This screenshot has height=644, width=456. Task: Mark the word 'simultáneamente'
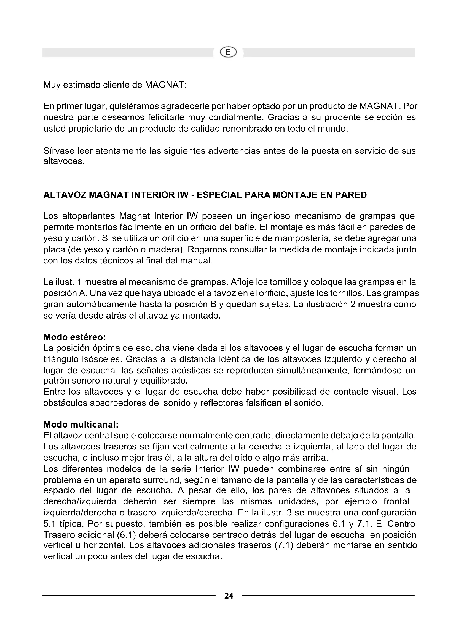(x=313, y=371)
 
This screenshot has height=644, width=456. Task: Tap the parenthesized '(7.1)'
(x=284, y=545)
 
